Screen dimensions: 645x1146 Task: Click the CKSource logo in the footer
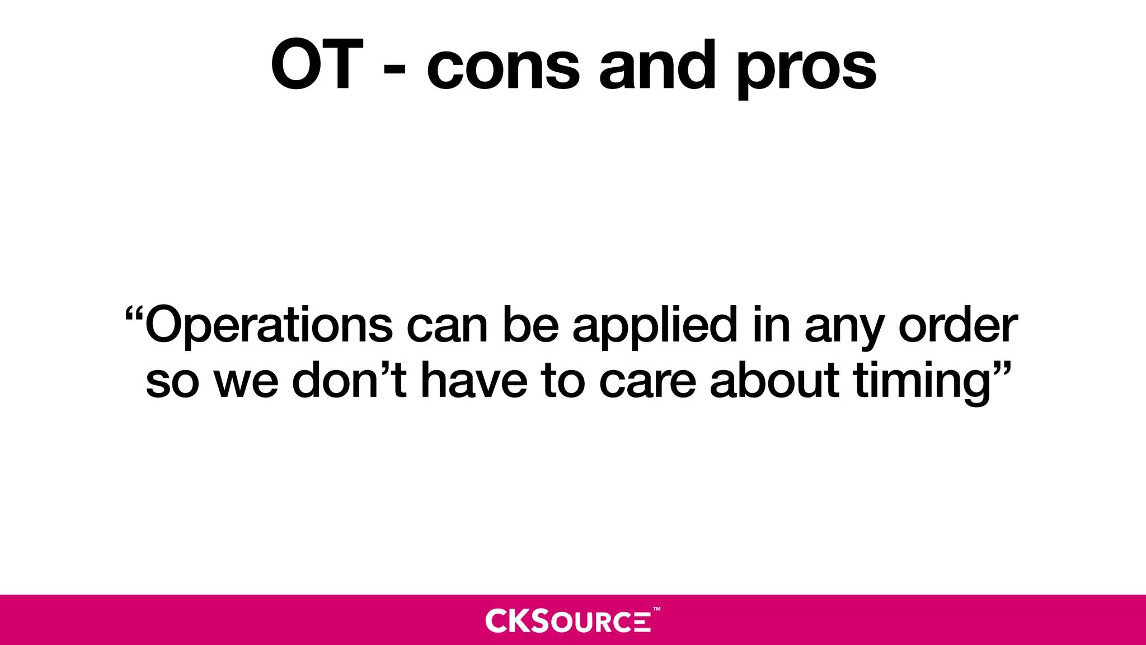568,620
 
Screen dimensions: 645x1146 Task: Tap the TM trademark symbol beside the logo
657,609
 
